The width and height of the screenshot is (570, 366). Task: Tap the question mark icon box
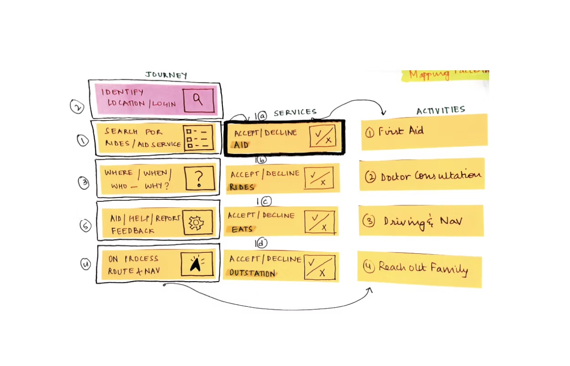(199, 178)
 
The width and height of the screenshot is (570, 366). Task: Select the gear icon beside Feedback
(198, 222)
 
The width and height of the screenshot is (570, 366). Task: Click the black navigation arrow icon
(196, 264)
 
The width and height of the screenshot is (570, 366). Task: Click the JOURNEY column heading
(166, 75)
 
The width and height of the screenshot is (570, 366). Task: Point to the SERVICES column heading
(295, 112)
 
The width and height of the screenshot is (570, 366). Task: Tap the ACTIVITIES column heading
(440, 110)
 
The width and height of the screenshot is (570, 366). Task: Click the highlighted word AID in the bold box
(242, 145)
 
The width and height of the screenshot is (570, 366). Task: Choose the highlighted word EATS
(242, 229)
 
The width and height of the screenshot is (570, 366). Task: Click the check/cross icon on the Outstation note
(320, 267)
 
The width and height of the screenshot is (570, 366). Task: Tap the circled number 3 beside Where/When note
(84, 183)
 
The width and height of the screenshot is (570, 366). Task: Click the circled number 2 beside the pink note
(77, 106)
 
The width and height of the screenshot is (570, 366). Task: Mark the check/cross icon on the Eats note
(319, 222)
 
